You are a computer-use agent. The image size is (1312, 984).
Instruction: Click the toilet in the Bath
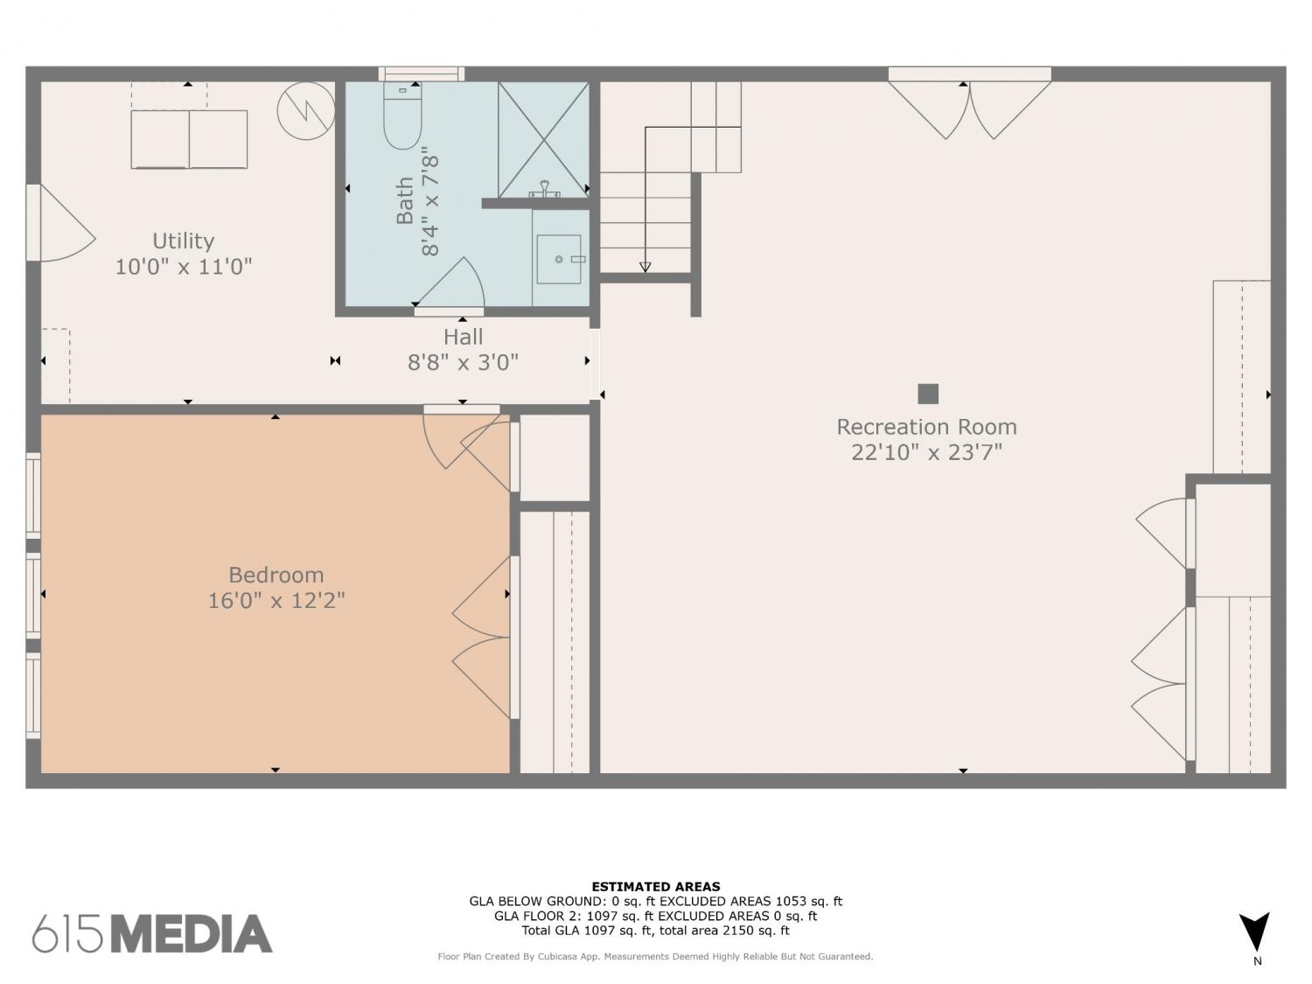point(402,116)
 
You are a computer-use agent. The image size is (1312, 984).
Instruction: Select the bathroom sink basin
point(558,259)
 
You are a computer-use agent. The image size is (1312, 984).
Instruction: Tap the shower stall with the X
point(543,139)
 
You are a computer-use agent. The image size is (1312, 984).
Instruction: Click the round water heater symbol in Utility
point(305,110)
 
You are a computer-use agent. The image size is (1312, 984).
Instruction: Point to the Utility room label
point(184,241)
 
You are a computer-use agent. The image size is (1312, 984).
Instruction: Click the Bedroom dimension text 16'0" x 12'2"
point(276,600)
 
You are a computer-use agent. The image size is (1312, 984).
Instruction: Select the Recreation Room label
point(926,427)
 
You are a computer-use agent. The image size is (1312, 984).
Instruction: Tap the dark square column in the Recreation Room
point(928,394)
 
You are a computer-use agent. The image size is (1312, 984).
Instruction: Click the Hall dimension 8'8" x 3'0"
point(463,362)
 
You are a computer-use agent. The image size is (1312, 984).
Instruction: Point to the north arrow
point(1253,934)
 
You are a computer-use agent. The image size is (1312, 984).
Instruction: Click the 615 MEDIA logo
point(152,933)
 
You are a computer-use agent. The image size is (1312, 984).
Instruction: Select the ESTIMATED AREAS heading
point(656,887)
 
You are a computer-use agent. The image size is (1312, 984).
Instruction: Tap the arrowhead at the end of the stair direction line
point(645,267)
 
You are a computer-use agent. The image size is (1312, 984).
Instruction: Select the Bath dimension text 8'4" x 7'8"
point(430,206)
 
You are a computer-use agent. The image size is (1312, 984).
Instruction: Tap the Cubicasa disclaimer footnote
point(655,957)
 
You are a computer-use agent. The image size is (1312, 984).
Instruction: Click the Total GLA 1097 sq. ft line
point(656,931)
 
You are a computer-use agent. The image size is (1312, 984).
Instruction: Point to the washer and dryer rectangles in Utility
point(189,138)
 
